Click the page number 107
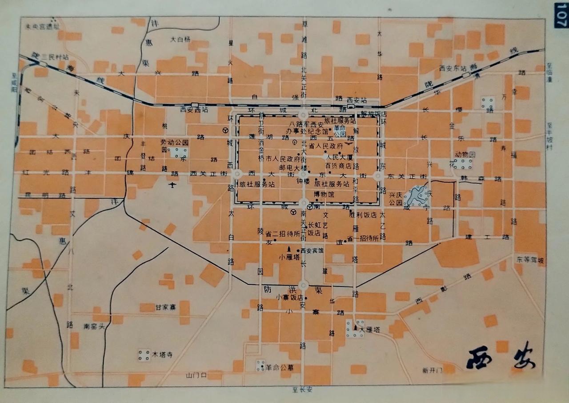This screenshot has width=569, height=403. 561,16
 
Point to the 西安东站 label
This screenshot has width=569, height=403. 451,69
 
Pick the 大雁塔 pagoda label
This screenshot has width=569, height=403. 369,330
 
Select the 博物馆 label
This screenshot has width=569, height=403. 324,194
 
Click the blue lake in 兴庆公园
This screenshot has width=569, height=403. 416,196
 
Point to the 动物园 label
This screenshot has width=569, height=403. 465,154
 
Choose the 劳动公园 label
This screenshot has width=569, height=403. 175,142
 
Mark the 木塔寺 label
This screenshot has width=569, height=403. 162,355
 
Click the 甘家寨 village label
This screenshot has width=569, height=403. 166,307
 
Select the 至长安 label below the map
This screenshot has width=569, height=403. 302,390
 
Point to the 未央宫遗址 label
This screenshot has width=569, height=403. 42,25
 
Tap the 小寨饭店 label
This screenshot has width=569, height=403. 290,297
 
